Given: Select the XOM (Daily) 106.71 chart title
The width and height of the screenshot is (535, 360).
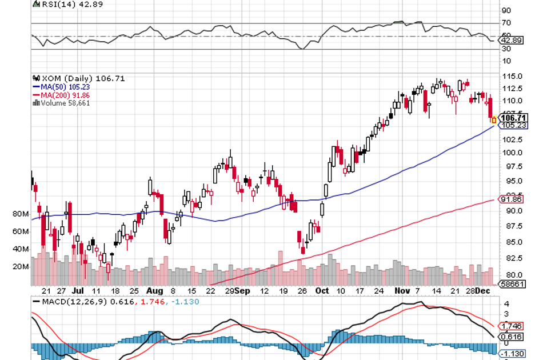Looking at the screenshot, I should click(x=71, y=78).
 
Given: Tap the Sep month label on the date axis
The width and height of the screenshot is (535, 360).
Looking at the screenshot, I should click(x=243, y=290).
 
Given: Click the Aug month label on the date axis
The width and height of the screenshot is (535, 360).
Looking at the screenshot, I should click(x=154, y=290).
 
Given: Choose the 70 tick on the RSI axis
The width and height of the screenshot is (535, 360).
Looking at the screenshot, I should click(x=506, y=23).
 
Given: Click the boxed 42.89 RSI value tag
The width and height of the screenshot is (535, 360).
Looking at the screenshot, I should click(x=510, y=41).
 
